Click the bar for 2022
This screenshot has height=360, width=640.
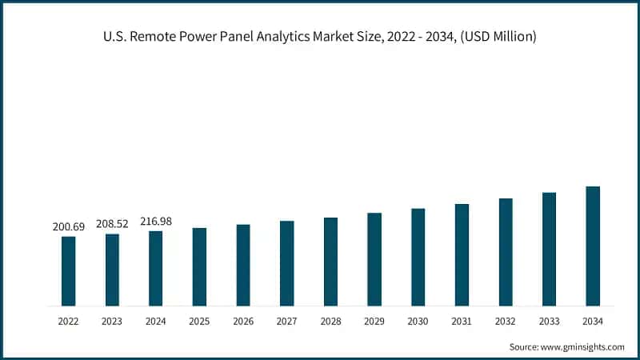point(69,271)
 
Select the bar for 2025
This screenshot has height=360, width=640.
point(199,267)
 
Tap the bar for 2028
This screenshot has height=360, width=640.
point(330,262)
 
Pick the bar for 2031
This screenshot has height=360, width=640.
point(462,255)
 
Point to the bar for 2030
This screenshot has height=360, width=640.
point(418,258)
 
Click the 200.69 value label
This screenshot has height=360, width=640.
point(68,227)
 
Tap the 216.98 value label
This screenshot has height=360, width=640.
point(155,222)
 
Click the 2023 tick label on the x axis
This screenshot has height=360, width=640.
point(112,321)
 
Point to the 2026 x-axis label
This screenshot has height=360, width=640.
point(243,321)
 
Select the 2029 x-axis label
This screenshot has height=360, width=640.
point(374,321)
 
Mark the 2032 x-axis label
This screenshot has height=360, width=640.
point(506,321)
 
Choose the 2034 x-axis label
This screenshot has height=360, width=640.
point(593,321)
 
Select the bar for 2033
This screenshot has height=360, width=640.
point(549,250)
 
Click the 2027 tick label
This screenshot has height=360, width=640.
point(286,321)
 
